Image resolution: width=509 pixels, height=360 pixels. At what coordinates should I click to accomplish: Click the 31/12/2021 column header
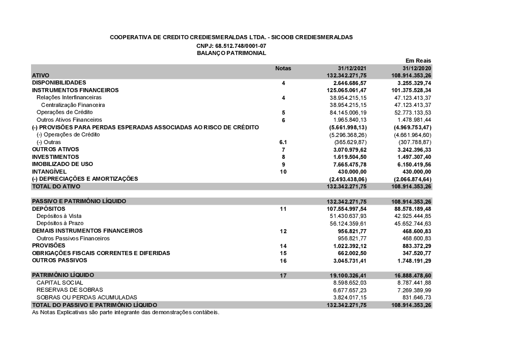[352, 68]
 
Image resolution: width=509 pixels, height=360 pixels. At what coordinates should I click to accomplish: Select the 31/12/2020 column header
[416, 68]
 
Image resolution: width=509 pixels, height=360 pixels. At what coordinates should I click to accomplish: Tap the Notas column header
[283, 68]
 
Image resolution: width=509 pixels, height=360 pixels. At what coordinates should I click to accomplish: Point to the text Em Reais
[418, 61]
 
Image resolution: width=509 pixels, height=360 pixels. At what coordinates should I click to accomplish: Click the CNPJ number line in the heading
[231, 46]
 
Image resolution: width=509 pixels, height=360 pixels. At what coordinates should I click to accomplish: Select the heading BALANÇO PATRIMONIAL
[231, 53]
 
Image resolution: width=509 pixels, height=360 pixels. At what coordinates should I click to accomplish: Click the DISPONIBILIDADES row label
[59, 82]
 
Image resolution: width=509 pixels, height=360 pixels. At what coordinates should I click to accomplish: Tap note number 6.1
[284, 142]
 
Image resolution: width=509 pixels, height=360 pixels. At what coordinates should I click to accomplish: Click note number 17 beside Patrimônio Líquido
[284, 275]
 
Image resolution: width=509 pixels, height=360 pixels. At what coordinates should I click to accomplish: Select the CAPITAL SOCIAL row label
[60, 283]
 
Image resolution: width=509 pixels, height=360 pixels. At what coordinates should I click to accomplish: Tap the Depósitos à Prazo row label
[60, 223]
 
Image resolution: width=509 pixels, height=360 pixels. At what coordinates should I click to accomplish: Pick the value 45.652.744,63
[412, 224]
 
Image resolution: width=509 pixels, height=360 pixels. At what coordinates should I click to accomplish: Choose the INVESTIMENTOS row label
[55, 157]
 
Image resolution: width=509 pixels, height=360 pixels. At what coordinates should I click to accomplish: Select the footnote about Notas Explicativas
[125, 312]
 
